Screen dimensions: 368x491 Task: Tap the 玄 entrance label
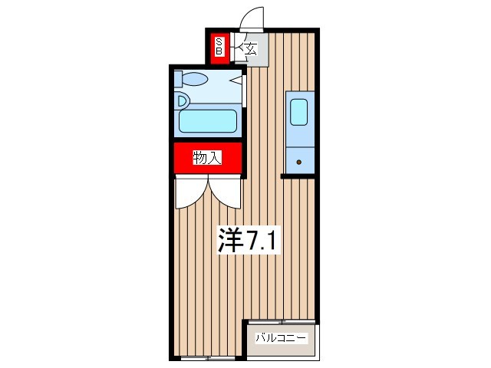pyautogui.click(x=250, y=51)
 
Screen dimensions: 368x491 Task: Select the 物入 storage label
pyautogui.click(x=207, y=159)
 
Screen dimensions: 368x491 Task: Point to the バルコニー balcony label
pyautogui.click(x=281, y=337)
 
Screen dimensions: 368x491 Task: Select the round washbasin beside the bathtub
pyautogui.click(x=182, y=99)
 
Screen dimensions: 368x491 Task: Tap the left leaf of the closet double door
pyautogui.click(x=190, y=192)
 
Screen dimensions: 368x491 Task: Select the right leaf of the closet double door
pyautogui.click(x=226, y=192)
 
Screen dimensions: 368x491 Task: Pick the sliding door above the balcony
pyautogui.click(x=281, y=320)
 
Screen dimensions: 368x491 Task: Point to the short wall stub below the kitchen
pyautogui.click(x=298, y=176)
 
